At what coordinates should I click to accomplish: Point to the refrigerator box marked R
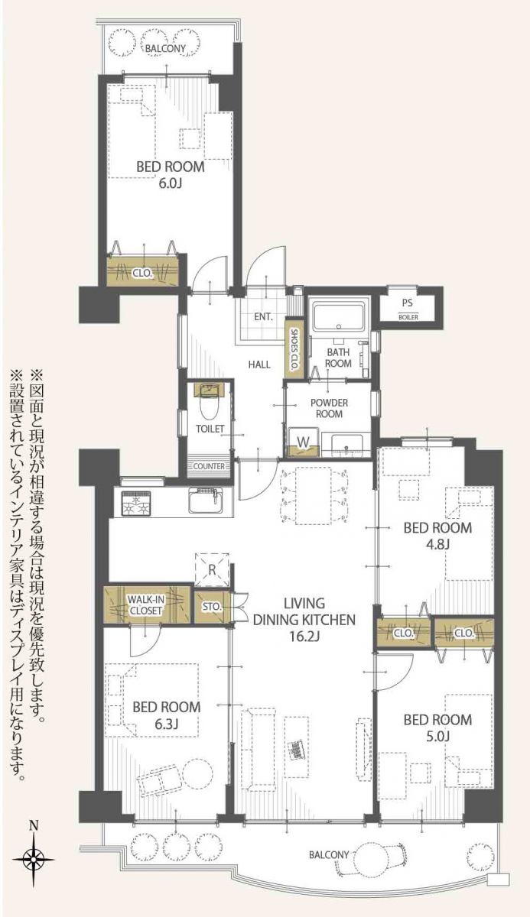click(213, 568)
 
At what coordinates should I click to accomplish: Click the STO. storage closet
click(211, 608)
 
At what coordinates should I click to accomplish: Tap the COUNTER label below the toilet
click(209, 466)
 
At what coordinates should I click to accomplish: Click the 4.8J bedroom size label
click(437, 544)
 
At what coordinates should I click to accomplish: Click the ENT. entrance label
click(265, 316)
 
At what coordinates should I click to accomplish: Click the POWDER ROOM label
click(330, 408)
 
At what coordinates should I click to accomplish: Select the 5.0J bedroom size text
click(437, 736)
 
